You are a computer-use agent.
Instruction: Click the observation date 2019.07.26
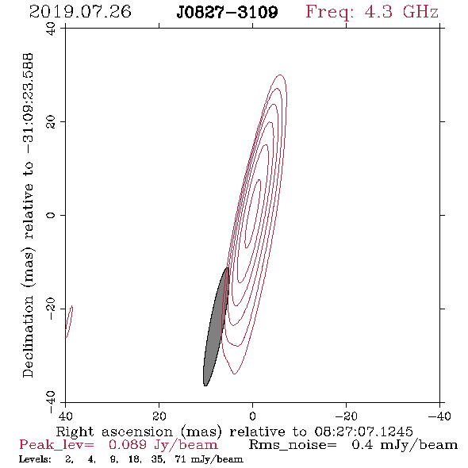(x=80, y=12)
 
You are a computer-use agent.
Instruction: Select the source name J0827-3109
(x=227, y=12)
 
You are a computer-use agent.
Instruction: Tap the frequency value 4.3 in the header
(x=378, y=12)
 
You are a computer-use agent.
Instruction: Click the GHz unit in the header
(x=420, y=12)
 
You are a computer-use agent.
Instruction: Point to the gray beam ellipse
(x=216, y=327)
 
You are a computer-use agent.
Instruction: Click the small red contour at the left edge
(x=69, y=322)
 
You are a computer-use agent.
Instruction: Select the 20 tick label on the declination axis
(x=51, y=122)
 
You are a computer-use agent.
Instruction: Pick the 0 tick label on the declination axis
(x=51, y=215)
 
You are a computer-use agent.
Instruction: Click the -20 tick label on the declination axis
(x=51, y=309)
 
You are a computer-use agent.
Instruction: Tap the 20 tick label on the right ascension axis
(x=159, y=416)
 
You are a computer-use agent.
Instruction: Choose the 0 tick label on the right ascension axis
(x=252, y=416)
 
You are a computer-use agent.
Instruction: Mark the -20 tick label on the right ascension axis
(x=346, y=416)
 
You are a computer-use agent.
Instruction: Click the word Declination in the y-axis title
(x=28, y=336)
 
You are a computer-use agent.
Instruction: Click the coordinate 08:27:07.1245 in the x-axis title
(x=363, y=432)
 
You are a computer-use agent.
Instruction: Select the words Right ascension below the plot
(x=114, y=432)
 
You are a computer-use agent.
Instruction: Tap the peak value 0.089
(x=128, y=445)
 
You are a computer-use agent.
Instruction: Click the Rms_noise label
(x=293, y=445)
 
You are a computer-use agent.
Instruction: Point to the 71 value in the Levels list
(x=180, y=459)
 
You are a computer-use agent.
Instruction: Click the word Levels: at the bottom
(x=35, y=459)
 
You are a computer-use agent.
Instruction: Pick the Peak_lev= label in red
(x=56, y=445)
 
